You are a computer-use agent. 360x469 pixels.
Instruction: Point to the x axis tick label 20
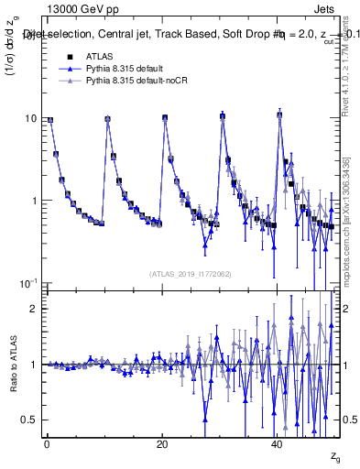click(x=161, y=443)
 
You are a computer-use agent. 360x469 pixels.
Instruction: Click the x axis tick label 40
click(x=277, y=443)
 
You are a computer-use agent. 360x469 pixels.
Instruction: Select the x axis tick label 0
click(x=46, y=443)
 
